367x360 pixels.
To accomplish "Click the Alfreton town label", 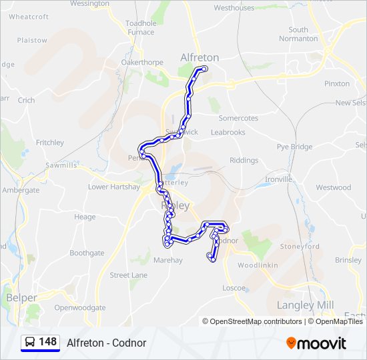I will (200, 58).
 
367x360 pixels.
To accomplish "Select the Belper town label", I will (21, 297).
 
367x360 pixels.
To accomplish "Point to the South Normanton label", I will (298, 34).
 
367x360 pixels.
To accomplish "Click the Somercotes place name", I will (238, 118).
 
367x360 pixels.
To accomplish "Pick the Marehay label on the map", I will (167, 260).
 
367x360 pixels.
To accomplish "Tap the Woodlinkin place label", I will (257, 265).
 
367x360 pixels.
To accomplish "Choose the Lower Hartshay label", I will (114, 187).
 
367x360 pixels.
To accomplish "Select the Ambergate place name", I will (21, 190).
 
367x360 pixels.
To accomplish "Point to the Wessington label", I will (89, 4).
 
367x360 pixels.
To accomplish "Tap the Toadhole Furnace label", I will (140, 27).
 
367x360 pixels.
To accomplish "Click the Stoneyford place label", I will (300, 246).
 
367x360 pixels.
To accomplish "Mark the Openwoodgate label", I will (80, 308).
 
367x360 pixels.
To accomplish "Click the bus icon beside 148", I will (30, 343).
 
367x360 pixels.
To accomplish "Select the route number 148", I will (47, 342).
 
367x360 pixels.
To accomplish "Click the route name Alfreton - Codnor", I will (106, 343).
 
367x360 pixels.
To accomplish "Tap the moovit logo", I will (316, 343).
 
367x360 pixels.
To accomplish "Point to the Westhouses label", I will (234, 8).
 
